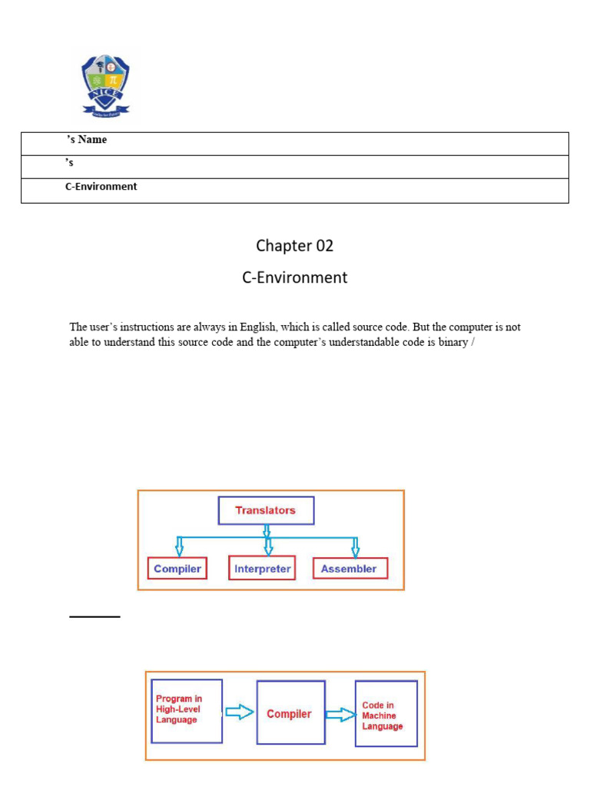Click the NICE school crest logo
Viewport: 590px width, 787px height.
[x=106, y=84]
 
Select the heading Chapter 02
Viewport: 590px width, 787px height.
[x=295, y=246]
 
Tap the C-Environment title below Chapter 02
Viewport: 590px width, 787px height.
[x=295, y=277]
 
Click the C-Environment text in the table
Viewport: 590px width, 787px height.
[x=101, y=187]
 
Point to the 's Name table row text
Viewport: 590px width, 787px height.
[x=86, y=140]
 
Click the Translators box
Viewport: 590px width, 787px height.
[x=266, y=510]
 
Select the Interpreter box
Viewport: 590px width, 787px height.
[x=262, y=569]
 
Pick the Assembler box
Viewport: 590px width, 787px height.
[x=350, y=569]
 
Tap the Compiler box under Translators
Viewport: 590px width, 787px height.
[x=177, y=569]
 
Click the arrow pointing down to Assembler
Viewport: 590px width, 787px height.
[x=355, y=546]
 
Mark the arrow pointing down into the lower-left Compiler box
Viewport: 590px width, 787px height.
[x=179, y=546]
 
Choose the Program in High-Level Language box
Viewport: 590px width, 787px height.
[x=187, y=710]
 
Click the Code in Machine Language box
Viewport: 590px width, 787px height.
[x=386, y=713]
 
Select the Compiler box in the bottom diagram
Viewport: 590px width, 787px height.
[x=289, y=713]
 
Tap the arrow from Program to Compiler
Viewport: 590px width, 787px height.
[x=240, y=712]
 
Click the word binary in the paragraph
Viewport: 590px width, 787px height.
[x=453, y=342]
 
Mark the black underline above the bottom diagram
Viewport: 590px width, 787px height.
[x=94, y=616]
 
